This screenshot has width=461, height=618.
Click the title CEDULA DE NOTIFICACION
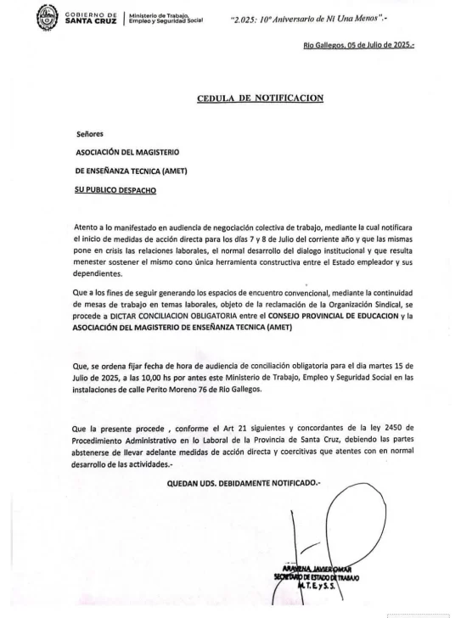(261, 98)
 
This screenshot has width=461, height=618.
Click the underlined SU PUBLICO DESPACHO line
(115, 189)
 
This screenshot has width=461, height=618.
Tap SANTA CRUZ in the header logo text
(92, 20)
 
